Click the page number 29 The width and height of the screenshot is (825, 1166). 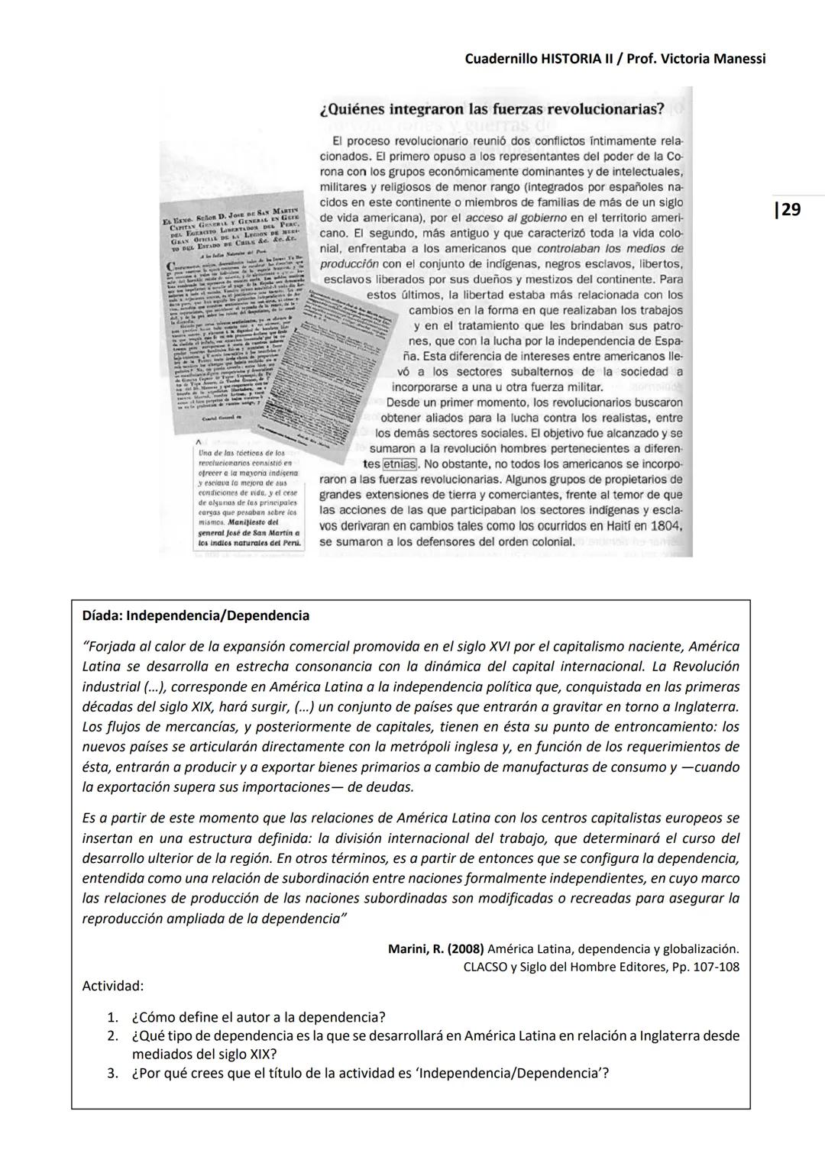coord(789,209)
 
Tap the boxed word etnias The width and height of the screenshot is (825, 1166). coord(399,464)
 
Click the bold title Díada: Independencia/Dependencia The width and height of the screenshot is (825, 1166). coord(196,615)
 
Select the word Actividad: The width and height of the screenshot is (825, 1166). coord(113,986)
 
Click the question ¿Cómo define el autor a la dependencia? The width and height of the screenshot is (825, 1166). coord(258,1017)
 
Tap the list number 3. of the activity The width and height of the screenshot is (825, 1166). coord(113,1074)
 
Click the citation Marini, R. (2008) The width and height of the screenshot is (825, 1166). coord(435,949)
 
